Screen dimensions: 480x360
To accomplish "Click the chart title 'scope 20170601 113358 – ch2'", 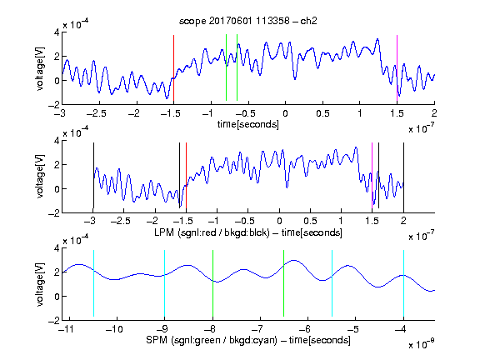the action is [x=248, y=21].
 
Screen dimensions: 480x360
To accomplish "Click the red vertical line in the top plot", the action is [x=173, y=68].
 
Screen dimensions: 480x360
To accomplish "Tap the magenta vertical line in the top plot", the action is [x=397, y=68].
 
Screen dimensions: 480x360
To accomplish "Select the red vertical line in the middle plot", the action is [x=186, y=176].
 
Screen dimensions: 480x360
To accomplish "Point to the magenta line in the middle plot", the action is [x=372, y=176].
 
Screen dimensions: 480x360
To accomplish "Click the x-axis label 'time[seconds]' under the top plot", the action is [x=248, y=125].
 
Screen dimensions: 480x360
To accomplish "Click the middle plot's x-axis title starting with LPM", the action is [x=248, y=232].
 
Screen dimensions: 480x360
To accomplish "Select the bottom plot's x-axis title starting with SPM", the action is [x=248, y=340].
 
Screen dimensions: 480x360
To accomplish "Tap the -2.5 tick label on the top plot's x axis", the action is [x=96, y=113].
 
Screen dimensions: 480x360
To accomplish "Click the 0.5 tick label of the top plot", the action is [x=322, y=113].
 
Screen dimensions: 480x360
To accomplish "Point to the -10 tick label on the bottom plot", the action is [x=114, y=329].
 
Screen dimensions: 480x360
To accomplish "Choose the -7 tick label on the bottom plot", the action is [x=257, y=329].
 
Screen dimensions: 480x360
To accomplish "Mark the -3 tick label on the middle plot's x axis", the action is [x=91, y=221].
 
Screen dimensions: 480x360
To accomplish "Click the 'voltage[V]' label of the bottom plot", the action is [x=40, y=284].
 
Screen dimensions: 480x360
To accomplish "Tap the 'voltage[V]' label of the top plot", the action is [x=40, y=68].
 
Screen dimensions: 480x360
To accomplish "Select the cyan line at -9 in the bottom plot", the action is [x=164, y=283].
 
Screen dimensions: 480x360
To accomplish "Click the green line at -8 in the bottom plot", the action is [x=212, y=283].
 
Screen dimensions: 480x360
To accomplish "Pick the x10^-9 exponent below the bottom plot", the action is [x=422, y=344].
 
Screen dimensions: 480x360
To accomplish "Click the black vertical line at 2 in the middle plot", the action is [x=403, y=176].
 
